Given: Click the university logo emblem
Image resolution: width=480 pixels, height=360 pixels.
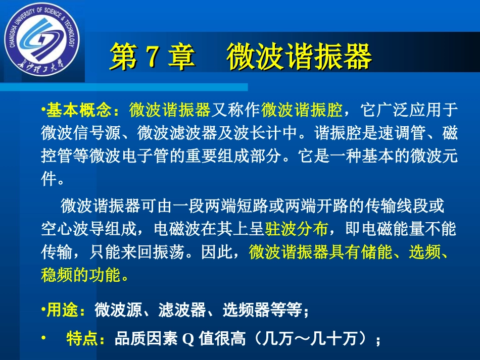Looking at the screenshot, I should pos(41,41).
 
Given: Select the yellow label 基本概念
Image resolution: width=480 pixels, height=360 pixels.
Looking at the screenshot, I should pos(81,109).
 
